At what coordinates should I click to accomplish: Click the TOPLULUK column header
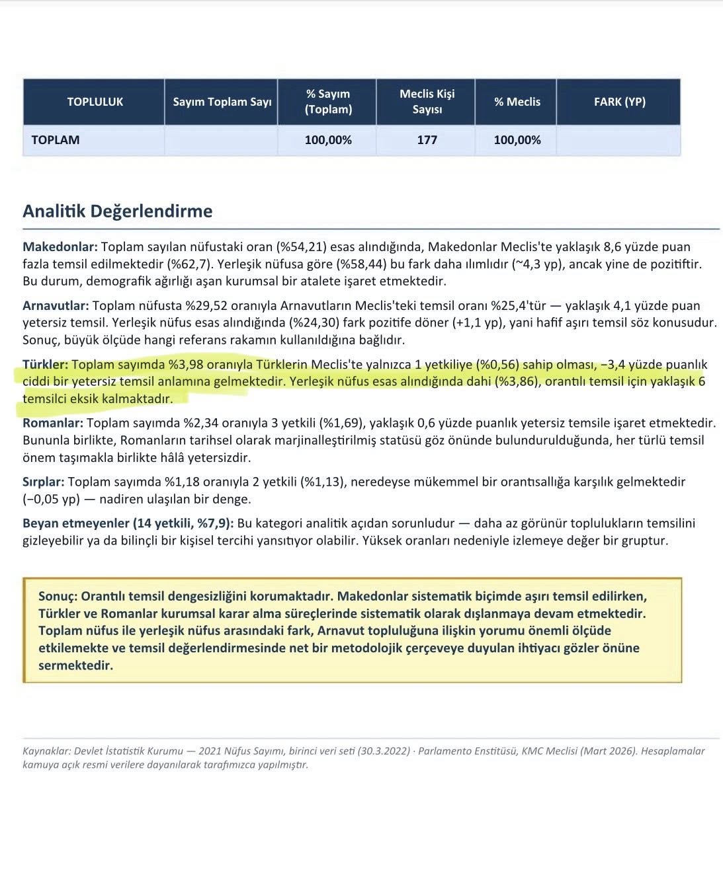[95, 102]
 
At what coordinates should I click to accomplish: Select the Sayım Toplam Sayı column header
[222, 102]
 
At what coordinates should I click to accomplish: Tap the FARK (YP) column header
[619, 102]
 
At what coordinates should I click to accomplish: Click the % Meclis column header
[517, 102]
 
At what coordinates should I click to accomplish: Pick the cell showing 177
[427, 140]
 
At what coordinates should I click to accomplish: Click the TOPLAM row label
[56, 140]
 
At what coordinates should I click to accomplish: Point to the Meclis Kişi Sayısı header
[427, 102]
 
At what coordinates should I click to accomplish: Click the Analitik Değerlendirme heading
[118, 211]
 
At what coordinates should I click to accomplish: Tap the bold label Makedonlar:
[60, 247]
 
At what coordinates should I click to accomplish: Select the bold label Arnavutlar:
[56, 306]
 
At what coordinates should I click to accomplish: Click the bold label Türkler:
[46, 365]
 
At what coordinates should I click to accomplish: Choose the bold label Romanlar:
[53, 423]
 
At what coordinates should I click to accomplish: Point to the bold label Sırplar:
[44, 482]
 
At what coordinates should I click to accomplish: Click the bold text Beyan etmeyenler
[76, 523]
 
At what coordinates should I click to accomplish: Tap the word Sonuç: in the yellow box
[58, 595]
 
